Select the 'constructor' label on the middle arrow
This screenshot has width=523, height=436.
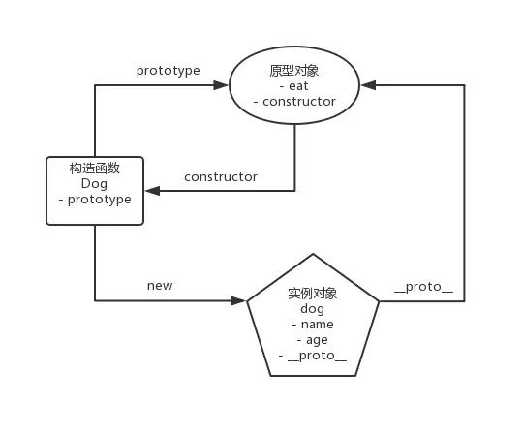pos(221,177)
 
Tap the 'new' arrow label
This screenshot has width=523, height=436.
pos(160,286)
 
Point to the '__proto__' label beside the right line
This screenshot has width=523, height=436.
pos(423,288)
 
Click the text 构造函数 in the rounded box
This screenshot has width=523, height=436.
pos(94,169)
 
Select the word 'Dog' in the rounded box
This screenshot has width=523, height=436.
pos(94,184)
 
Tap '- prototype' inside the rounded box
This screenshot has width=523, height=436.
pos(94,200)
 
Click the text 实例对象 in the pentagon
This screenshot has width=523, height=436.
pos(313,294)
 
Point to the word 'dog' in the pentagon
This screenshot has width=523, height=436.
pos(313,309)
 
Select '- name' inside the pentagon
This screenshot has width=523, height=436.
pos(313,325)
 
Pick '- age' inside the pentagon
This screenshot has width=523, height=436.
pos(313,340)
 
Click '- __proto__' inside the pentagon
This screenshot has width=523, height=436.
pos(313,356)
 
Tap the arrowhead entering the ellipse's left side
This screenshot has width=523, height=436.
pos(222,85)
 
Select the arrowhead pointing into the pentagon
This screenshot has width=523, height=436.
pos(239,301)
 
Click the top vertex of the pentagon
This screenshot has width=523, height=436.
pos(313,254)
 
